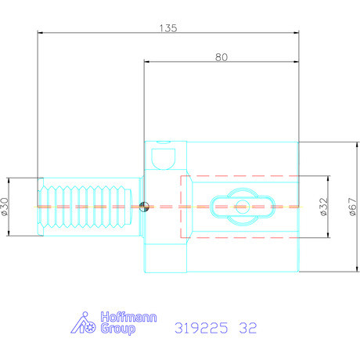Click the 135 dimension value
pyautogui.click(x=168, y=28)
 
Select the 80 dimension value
pyautogui.click(x=221, y=57)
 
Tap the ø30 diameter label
pyautogui.click(x=5, y=207)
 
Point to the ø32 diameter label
pyautogui.click(x=323, y=207)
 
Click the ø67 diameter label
pyautogui.click(x=353, y=207)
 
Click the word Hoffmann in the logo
pyautogui.click(x=128, y=317)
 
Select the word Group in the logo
pyautogui.click(x=118, y=329)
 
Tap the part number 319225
pyautogui.click(x=201, y=328)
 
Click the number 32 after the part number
pyautogui.click(x=248, y=328)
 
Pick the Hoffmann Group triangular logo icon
pyautogui.click(x=83, y=323)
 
